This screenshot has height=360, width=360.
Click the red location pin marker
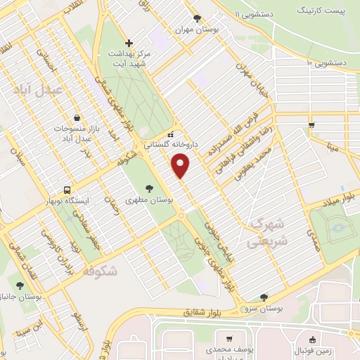click(181, 166)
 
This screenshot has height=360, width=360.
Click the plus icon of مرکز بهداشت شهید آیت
click(129, 43)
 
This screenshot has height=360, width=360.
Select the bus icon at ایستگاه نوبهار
click(67, 190)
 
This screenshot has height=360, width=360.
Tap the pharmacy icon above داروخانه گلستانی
click(169, 134)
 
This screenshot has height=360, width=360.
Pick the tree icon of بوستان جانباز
click(19, 285)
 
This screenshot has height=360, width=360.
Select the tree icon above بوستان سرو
click(264, 297)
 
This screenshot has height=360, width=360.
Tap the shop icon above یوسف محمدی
click(229, 338)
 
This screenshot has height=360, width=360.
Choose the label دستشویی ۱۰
click(327, 63)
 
